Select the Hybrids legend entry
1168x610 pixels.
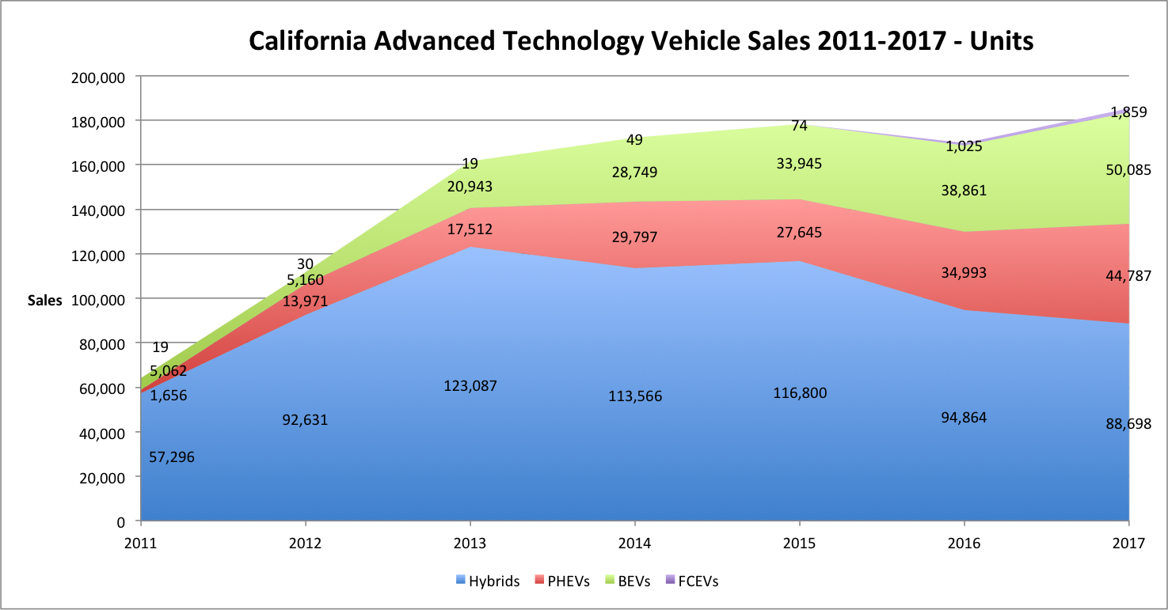(x=488, y=582)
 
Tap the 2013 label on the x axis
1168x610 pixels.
(x=470, y=544)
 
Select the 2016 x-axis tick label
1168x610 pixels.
(x=964, y=544)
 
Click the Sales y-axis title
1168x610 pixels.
(x=44, y=301)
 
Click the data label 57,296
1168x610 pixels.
(x=172, y=457)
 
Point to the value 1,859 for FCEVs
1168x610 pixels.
(x=1128, y=112)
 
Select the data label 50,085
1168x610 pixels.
(x=1128, y=169)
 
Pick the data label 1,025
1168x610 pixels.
(x=964, y=146)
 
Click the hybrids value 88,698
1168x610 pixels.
(x=1128, y=423)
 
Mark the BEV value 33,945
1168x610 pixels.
(x=799, y=164)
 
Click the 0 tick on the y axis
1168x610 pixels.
(x=123, y=521)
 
